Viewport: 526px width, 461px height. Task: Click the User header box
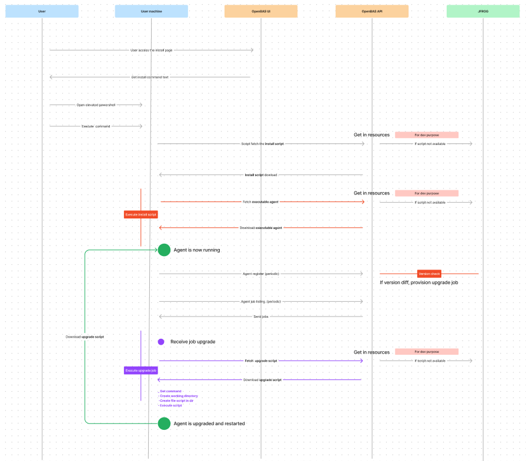point(42,11)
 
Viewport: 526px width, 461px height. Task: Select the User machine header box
point(151,11)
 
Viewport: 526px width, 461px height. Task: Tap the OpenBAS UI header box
point(261,11)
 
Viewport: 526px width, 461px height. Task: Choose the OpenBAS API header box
point(371,11)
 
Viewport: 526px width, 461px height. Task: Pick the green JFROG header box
point(483,11)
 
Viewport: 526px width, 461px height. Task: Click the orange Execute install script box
point(141,215)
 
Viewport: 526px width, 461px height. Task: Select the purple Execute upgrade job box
point(141,371)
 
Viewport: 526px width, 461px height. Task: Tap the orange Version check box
point(429,274)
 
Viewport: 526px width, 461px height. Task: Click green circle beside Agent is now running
point(164,250)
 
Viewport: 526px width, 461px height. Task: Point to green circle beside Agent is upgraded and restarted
point(164,423)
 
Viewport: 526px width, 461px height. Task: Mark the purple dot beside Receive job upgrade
point(161,342)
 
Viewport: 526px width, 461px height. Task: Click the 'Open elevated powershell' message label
point(96,105)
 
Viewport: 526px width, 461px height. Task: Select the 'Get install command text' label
point(150,77)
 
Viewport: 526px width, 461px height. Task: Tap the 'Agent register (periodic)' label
point(261,274)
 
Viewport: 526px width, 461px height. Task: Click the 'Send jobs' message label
point(261,317)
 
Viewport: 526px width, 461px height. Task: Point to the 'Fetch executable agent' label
point(261,202)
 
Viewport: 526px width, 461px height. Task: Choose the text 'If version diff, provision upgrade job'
point(419,282)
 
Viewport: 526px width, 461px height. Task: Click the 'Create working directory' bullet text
point(179,396)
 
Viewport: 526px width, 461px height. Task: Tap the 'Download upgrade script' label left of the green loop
point(85,337)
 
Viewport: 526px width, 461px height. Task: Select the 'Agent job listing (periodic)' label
point(261,301)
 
